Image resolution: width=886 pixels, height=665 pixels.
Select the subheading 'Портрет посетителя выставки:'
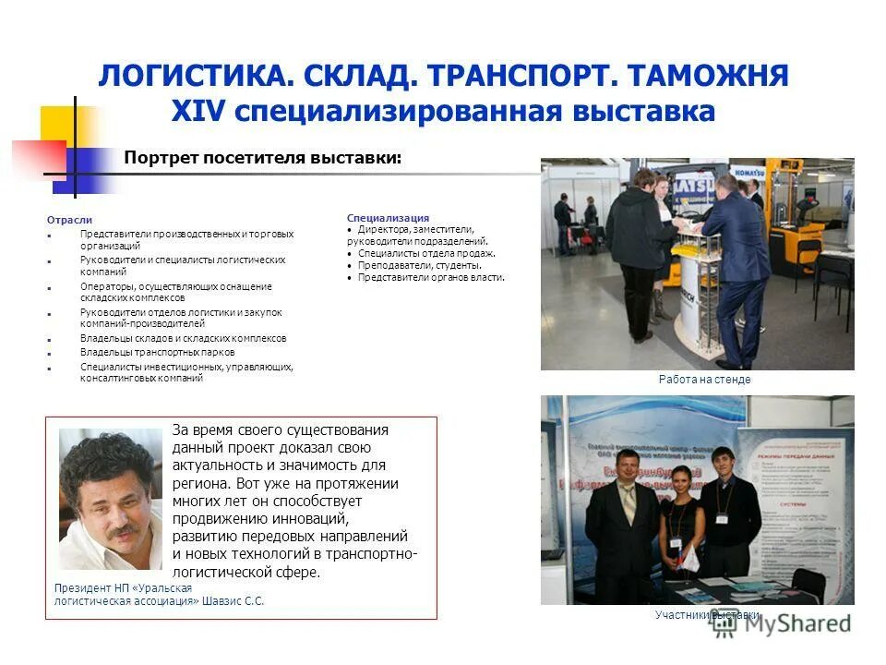263,157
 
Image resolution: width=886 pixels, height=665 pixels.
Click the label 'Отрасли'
69,220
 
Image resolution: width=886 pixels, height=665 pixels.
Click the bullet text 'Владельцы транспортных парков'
157,352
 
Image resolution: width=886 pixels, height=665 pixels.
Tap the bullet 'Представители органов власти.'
431,277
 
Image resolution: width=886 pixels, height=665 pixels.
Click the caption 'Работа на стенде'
704,379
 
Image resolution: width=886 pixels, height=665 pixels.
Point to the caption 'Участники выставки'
707,614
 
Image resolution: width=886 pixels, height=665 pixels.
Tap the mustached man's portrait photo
110,499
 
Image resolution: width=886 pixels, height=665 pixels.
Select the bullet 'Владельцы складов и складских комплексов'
183,339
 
